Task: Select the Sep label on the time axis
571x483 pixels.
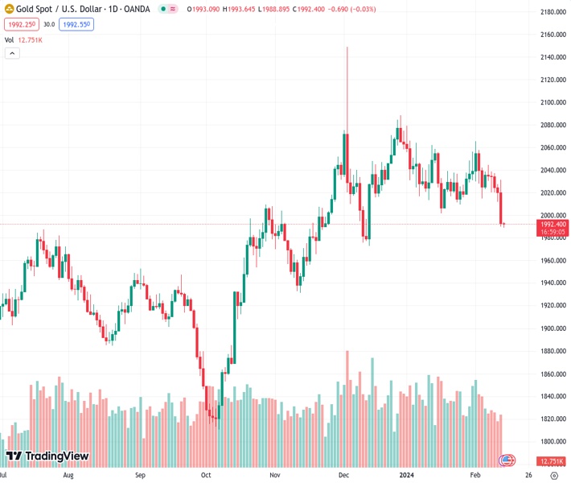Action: [139, 476]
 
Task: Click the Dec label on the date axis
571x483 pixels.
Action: [344, 476]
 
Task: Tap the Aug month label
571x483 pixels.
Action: [68, 476]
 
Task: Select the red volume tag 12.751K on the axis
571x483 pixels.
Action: [552, 461]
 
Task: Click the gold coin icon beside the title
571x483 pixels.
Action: [9, 9]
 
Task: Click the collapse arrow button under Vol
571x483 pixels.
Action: [12, 53]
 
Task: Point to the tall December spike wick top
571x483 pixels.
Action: [347, 47]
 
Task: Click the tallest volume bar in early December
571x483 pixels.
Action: [347, 402]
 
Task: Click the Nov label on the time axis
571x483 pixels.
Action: [275, 476]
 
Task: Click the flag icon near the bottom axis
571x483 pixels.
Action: [507, 460]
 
